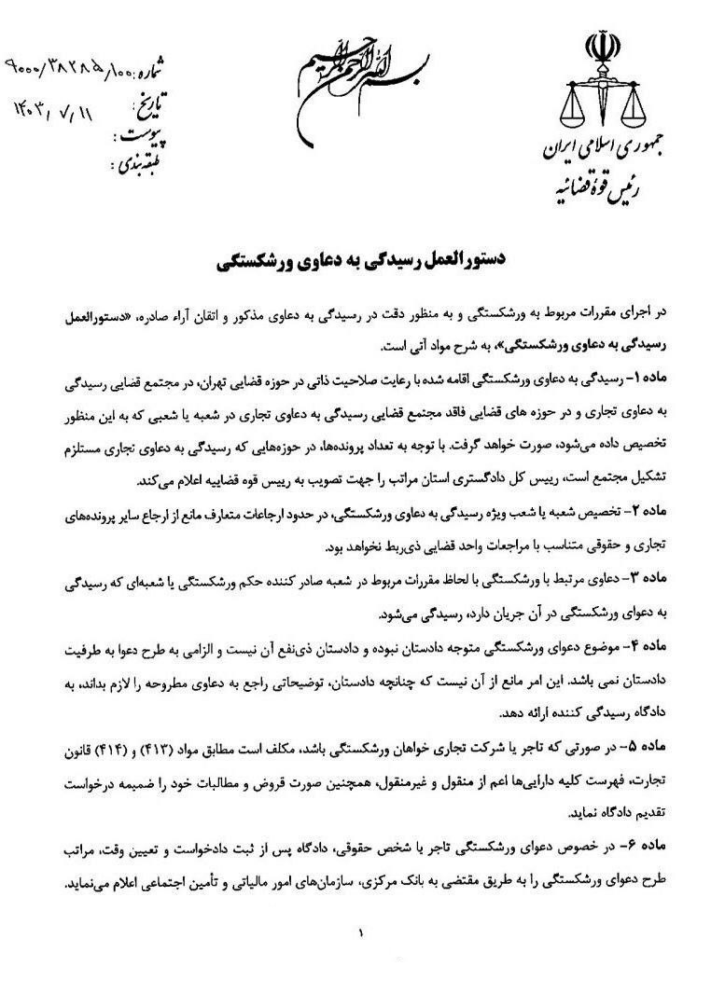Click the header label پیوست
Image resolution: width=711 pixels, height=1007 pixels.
point(145,137)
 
